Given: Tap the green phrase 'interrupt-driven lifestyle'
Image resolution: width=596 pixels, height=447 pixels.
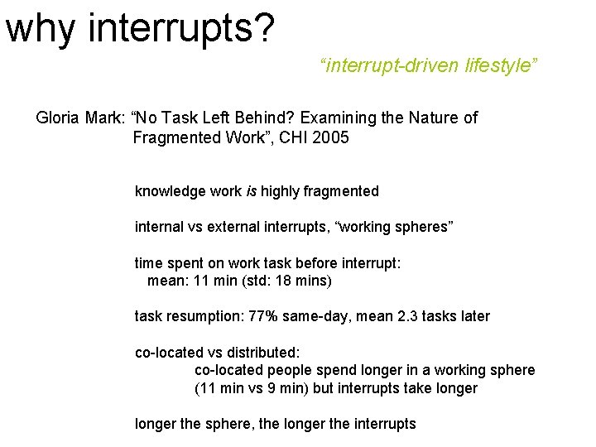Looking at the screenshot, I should (429, 65).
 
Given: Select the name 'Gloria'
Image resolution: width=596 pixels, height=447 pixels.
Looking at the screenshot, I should (58, 118).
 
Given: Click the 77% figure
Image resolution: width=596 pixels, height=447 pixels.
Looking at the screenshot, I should (268, 316).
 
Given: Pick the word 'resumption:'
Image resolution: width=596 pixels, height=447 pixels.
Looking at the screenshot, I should (205, 316).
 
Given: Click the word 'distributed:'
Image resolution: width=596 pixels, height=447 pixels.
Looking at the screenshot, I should (255, 353).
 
